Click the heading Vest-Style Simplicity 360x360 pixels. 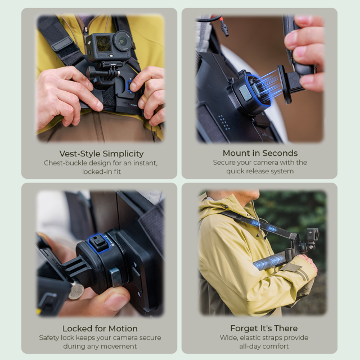coord(101,154)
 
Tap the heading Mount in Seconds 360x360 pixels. coord(260,153)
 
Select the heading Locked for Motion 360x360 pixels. coord(100,328)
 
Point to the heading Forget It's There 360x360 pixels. coord(264,328)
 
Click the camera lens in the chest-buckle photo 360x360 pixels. coord(123,41)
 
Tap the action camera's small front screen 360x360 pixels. coord(103,44)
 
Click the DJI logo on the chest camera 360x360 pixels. coord(89,43)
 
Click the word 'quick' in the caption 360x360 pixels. coord(236,171)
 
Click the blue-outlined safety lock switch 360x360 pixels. coord(98,244)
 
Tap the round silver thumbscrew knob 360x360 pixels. coord(76,291)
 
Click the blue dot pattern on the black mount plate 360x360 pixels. coord(223,123)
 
